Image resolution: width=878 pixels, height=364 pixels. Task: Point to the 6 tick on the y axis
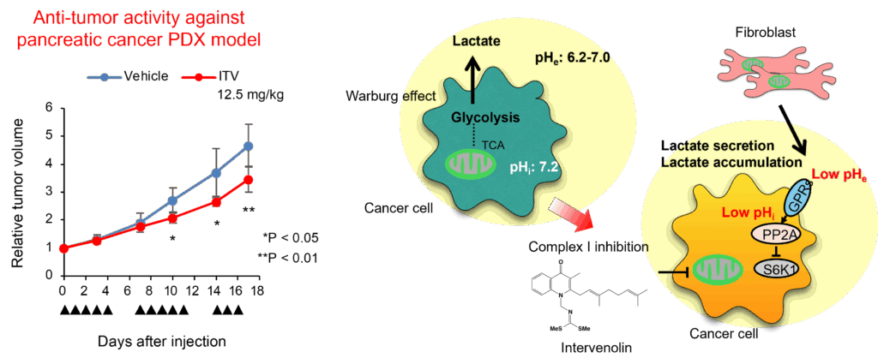click(x=50, y=108)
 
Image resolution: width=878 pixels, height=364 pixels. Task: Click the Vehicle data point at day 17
click(x=248, y=146)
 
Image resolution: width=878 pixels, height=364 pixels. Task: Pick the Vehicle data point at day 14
click(x=217, y=173)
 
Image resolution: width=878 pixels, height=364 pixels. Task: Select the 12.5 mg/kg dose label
click(x=250, y=95)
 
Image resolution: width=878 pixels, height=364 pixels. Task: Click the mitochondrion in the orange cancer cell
click(x=719, y=273)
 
